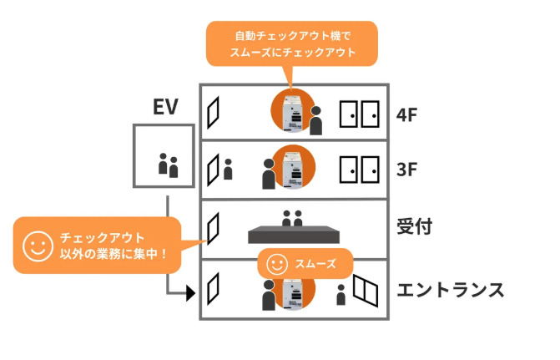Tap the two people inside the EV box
(169, 165)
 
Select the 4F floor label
(411, 114)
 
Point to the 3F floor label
(411, 170)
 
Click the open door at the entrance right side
(365, 290)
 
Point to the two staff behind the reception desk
(292, 219)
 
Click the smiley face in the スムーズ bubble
(276, 264)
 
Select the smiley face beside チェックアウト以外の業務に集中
(35, 245)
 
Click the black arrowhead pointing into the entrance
(189, 292)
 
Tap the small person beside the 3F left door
(228, 170)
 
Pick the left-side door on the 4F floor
(214, 112)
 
